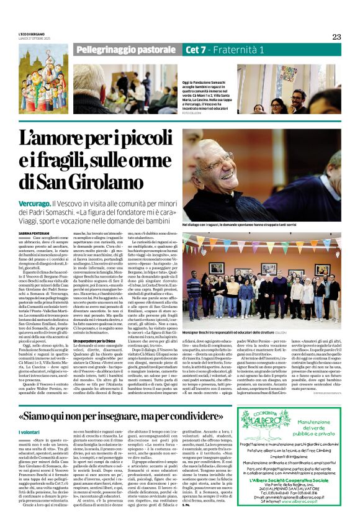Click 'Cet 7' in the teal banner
point(196,49)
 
